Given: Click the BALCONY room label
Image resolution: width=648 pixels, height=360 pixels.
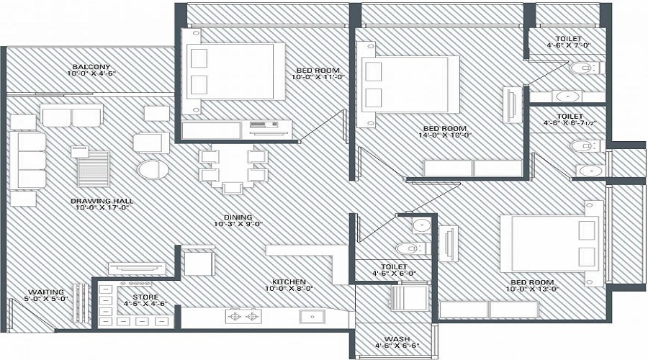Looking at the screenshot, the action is [91, 66].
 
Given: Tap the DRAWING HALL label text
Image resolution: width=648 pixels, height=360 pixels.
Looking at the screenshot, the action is [102, 201].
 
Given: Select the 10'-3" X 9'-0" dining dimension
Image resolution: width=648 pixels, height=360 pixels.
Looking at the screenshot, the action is [238, 224].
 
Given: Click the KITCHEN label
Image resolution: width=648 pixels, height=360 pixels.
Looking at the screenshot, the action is [289, 282].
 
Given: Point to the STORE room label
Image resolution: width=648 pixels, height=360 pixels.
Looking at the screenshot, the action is [145, 297].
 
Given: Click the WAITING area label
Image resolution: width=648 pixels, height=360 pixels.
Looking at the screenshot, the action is [46, 292].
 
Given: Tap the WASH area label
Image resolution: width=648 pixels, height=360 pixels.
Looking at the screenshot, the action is [397, 339].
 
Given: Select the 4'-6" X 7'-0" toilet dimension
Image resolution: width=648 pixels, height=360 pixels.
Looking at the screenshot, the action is [569, 45].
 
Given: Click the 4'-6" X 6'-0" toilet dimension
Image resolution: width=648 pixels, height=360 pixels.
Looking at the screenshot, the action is [394, 273].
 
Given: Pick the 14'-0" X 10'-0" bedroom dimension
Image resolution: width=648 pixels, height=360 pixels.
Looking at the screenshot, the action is [445, 135].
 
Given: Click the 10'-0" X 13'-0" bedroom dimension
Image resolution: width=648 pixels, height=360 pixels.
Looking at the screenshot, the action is [532, 289].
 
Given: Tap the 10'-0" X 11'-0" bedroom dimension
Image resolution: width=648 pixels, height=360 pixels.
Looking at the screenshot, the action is [318, 77].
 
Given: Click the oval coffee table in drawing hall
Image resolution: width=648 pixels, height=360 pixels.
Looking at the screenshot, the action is [153, 169].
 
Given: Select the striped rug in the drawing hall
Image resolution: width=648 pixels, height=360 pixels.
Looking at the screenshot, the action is [94, 169].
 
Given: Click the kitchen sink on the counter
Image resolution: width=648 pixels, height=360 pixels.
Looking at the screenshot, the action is [312, 317].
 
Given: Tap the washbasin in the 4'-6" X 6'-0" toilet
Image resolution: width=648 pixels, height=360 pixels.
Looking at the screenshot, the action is [421, 225].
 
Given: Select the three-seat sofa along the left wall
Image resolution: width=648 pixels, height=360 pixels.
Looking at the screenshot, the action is [32, 161].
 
